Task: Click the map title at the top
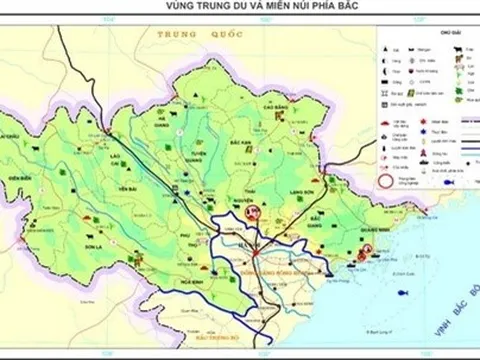[x=240, y=7]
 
